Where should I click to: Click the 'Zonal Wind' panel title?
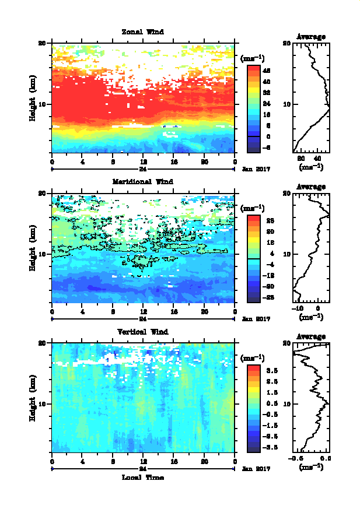click(142, 31)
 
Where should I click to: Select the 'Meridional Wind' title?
click(142, 181)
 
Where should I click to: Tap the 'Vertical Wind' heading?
click(142, 332)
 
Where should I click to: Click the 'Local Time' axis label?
click(142, 478)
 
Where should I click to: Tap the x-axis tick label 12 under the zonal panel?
click(143, 162)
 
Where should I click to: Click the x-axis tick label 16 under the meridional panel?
click(174, 312)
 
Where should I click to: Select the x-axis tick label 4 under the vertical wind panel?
click(82, 462)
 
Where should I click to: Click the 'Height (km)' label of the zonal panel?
click(34, 97)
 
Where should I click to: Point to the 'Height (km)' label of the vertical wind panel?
click(34, 397)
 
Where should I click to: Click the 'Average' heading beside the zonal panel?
click(311, 37)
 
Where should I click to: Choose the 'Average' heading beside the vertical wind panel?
click(311, 336)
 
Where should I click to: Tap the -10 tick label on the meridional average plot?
click(298, 307)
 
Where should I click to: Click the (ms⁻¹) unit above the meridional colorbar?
click(252, 208)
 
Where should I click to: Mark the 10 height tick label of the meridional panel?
click(42, 254)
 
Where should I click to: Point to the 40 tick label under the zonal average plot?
click(318, 158)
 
